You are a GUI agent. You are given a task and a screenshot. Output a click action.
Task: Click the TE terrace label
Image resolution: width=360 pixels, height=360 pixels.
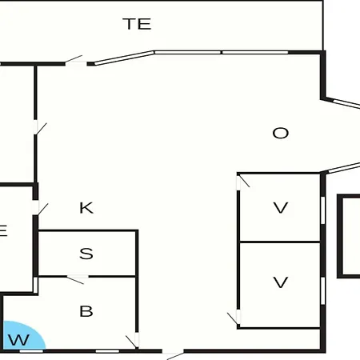click(x=137, y=24)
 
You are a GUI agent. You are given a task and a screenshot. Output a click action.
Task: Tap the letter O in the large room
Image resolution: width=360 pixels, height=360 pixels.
click(x=281, y=133)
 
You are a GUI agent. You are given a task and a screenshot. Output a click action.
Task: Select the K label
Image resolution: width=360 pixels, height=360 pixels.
click(x=86, y=208)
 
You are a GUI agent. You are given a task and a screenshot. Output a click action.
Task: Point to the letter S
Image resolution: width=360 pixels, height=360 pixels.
click(x=86, y=254)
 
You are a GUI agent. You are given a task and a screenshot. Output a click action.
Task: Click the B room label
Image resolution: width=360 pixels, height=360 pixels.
click(x=86, y=311)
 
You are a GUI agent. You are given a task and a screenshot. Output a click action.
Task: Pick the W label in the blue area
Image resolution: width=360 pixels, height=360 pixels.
click(x=18, y=340)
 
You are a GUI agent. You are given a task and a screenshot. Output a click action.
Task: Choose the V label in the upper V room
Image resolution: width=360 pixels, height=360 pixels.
click(x=281, y=208)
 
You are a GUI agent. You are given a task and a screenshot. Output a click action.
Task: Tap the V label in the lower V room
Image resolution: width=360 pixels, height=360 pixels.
click(x=281, y=282)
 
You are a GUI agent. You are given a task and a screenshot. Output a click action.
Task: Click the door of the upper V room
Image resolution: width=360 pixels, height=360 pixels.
click(x=243, y=182)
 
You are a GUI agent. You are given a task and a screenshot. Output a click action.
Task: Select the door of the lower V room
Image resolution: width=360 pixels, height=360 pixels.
click(x=234, y=318)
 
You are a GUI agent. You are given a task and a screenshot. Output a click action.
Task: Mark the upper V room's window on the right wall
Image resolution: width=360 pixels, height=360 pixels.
click(x=322, y=210)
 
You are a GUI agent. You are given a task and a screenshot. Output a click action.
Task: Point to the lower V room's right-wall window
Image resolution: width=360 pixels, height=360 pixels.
click(x=322, y=290)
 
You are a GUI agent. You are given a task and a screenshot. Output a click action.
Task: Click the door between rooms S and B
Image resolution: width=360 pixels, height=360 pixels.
click(x=77, y=279)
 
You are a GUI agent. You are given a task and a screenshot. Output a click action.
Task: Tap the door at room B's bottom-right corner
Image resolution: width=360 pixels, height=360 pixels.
click(x=133, y=341)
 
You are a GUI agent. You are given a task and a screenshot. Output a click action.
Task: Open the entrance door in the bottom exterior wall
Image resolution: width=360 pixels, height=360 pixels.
click(x=173, y=354)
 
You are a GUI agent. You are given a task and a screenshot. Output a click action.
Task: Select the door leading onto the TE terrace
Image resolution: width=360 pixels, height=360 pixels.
click(x=75, y=61)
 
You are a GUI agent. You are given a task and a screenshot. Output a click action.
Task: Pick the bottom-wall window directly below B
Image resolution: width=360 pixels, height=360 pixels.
click(x=107, y=351)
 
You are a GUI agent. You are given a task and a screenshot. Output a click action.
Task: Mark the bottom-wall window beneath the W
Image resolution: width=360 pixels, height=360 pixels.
click(x=31, y=351)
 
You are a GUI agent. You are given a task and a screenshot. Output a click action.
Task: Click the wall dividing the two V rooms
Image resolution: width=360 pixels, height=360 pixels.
click(x=280, y=242)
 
